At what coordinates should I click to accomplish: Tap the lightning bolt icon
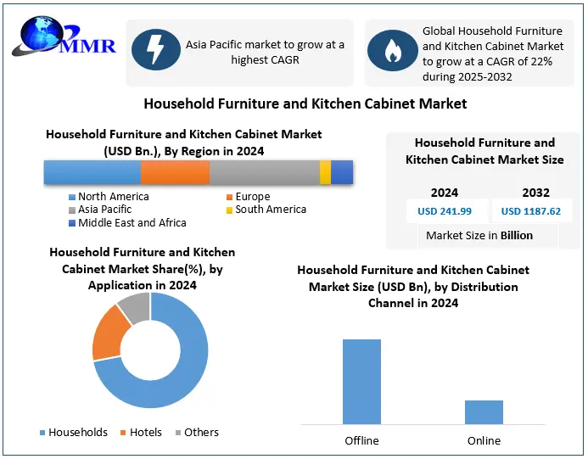[x=155, y=52]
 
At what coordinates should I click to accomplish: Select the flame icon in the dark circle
[x=391, y=52]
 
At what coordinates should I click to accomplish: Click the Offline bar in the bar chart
[x=361, y=381]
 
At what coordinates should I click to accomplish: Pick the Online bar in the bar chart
[x=484, y=411]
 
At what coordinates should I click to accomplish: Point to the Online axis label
[x=484, y=440]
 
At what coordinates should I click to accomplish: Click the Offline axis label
[x=361, y=440]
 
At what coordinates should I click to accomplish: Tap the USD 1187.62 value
[x=530, y=211]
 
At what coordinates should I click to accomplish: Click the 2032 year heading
[x=535, y=193]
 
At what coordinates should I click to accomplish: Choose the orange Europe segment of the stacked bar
[x=175, y=172]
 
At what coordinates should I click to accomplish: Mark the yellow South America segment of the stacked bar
[x=325, y=172]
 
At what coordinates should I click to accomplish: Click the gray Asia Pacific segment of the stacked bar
[x=264, y=172]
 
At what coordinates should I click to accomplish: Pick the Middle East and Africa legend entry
[x=127, y=222]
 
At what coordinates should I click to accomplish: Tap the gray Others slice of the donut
[x=132, y=308]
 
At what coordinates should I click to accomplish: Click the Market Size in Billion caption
[x=479, y=235]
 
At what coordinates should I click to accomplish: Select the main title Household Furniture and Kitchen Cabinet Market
[x=305, y=104]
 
